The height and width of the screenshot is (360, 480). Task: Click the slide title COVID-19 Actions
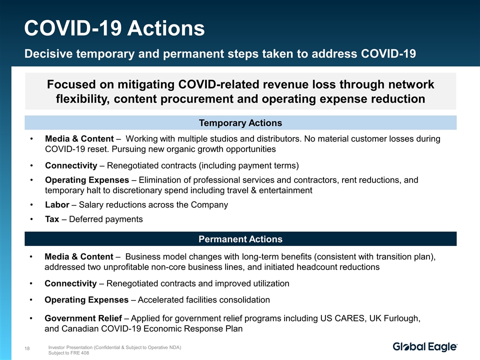(114, 28)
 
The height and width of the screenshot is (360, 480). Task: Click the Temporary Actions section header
(240, 123)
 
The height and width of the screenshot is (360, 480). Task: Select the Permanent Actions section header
(240, 239)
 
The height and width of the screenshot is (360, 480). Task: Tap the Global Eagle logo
(425, 346)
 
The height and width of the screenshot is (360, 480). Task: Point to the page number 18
(27, 348)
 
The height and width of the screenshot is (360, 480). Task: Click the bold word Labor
(57, 204)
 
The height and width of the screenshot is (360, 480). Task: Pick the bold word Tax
(52, 219)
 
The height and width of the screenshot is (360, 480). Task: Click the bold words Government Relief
(83, 318)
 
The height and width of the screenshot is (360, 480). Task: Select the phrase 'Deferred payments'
(106, 219)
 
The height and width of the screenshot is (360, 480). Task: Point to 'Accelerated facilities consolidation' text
(204, 299)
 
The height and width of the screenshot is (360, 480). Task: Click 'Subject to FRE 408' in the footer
(68, 352)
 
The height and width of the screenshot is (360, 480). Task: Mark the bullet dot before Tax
(31, 219)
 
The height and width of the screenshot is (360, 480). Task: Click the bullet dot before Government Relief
(31, 318)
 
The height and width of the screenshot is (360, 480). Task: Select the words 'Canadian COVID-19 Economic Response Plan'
(152, 328)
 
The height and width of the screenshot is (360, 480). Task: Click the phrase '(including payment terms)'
(248, 165)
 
